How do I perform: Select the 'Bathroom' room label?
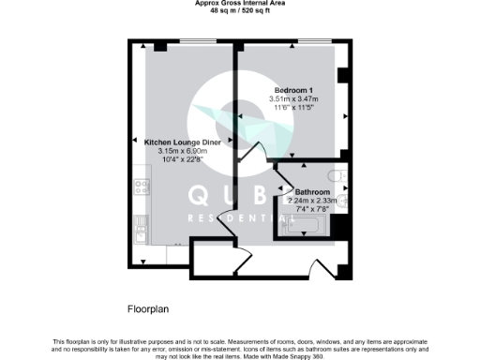pos(312,191)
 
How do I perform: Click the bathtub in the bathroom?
pos(308,225)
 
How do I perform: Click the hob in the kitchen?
pos(142,186)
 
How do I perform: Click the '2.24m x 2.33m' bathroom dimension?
pos(312,201)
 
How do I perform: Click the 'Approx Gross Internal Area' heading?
pos(239,4)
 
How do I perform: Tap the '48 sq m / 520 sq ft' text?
pos(239,11)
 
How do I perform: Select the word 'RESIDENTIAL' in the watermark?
pos(238,217)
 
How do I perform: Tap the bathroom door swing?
pos(286,172)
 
